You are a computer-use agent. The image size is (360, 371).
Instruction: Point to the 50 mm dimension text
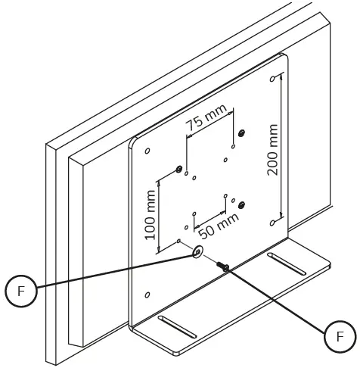coord(217,223)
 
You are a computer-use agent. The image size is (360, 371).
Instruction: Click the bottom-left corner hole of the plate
coord(148,294)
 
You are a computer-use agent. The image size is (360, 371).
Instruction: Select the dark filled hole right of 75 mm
coord(241,134)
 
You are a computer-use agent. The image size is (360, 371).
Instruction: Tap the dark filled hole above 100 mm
coord(179,169)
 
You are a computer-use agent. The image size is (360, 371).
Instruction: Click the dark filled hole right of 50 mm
coord(241,205)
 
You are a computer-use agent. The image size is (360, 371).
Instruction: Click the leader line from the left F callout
coord(106,273)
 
